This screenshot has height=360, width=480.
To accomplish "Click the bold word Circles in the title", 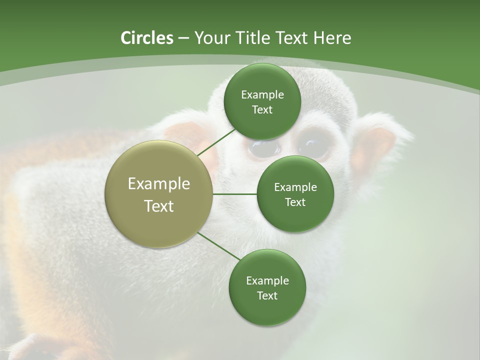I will [146, 38].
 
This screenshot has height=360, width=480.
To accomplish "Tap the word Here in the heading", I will [331, 38].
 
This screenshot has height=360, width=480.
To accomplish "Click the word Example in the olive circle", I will [158, 184].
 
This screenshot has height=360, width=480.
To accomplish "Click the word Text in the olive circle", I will [158, 206].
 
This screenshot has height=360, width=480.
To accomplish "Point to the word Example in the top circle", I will [262, 95].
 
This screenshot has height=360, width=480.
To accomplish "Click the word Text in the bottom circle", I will [267, 296].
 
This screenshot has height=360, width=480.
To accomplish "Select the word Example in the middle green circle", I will [295, 187].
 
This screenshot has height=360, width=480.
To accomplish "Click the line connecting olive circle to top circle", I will [216, 142].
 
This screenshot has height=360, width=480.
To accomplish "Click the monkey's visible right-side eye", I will [312, 146].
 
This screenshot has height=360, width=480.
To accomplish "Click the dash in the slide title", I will [183, 38].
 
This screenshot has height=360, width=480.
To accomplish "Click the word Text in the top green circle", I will [262, 110].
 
